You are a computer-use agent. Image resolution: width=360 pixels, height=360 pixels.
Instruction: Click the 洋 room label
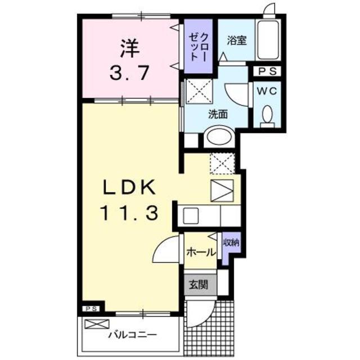click(x=128, y=47)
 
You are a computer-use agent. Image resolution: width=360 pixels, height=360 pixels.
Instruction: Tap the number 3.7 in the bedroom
click(x=129, y=73)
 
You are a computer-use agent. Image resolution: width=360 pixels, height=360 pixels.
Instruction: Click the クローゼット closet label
click(x=199, y=47)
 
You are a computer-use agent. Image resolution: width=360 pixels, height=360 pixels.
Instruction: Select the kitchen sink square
click(x=190, y=215)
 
